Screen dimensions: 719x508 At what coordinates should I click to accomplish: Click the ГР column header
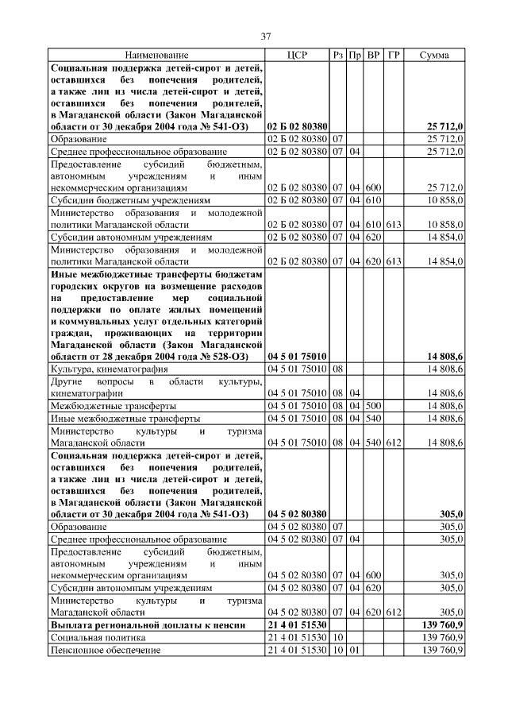(x=394, y=56)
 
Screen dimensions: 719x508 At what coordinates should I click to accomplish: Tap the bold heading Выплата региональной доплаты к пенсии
(x=150, y=625)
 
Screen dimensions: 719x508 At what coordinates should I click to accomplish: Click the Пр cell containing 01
(x=355, y=651)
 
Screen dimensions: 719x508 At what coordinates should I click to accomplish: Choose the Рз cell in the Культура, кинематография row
(x=337, y=369)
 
